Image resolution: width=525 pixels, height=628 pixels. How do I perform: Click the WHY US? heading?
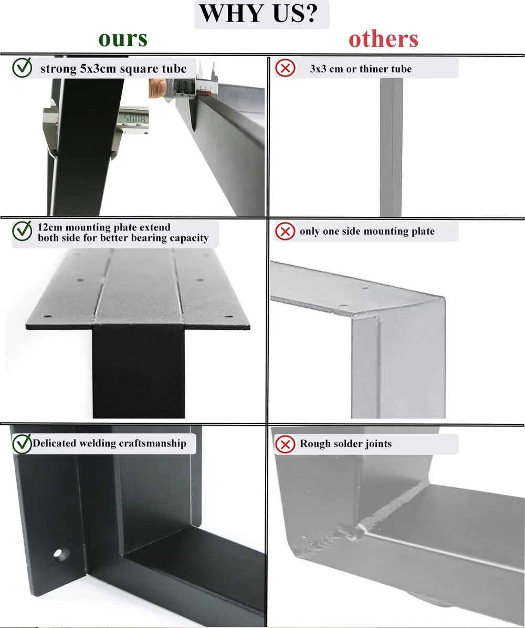(261, 14)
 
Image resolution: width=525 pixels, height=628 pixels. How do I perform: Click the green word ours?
(123, 39)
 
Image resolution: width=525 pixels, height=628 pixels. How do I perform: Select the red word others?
(383, 39)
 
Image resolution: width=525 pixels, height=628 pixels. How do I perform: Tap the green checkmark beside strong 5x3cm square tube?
(22, 68)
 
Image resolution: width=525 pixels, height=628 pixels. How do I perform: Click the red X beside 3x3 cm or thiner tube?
(285, 68)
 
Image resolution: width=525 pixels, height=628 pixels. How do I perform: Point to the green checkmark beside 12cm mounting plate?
(22, 231)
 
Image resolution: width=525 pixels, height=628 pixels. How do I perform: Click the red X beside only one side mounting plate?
(285, 231)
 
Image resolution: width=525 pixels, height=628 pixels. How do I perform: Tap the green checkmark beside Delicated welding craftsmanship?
(22, 444)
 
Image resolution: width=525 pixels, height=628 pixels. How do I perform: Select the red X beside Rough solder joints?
(285, 444)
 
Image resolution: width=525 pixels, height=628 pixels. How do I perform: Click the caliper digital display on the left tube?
(132, 117)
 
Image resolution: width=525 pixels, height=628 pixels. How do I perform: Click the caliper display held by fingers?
(182, 86)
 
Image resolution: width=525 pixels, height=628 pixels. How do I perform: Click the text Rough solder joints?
(345, 444)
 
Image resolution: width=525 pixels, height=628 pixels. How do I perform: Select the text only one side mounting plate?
(367, 231)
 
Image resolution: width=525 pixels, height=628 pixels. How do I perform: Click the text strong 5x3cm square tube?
(113, 69)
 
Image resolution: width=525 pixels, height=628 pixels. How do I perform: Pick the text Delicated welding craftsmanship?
(109, 443)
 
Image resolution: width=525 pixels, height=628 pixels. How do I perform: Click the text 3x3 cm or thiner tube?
(361, 69)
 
